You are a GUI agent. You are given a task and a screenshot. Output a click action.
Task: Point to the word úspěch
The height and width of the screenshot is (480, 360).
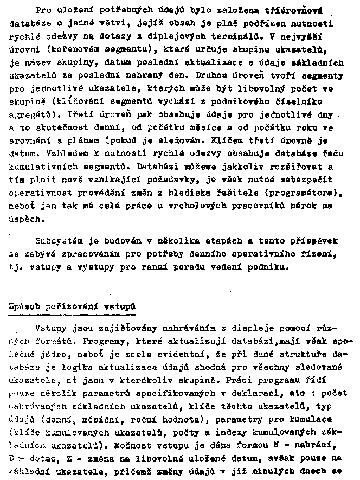25,220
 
